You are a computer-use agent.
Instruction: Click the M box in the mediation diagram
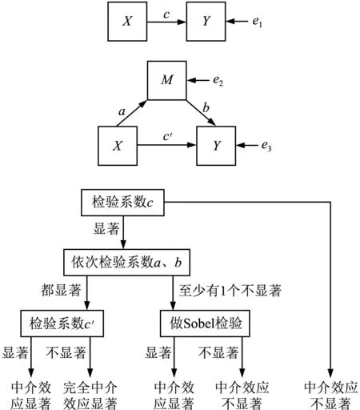pos(167,81)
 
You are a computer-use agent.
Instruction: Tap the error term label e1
pos(258,22)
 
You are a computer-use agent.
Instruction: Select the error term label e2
pos(218,81)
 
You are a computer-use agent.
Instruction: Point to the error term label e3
pos(266,146)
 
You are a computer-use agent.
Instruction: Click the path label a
pos(122,111)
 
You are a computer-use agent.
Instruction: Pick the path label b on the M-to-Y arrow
pos(206,107)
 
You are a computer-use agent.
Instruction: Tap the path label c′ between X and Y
pos(168,136)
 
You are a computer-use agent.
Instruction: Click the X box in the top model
pos(127,22)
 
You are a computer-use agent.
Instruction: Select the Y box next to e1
pos(206,22)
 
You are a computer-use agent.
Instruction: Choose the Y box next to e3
pos(216,146)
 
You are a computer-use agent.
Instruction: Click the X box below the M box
pos(118,146)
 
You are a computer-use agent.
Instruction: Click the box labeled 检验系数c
pos(122,203)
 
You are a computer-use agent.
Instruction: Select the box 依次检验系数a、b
pos(126,263)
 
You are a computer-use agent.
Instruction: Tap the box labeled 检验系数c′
pos(62,324)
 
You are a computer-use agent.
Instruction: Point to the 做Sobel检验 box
pos(205,324)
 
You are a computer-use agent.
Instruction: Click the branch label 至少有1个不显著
pos(230,291)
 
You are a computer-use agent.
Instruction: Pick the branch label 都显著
pos(61,290)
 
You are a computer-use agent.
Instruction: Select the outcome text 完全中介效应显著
pos(90,396)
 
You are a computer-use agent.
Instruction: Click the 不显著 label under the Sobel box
pos(218,352)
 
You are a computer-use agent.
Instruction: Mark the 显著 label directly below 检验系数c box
pos(106,229)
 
